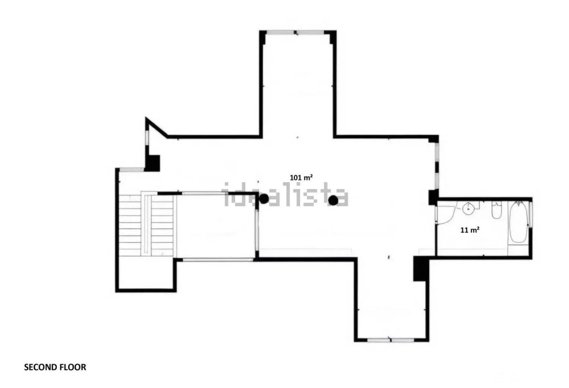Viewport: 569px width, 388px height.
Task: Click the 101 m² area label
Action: point(301,177)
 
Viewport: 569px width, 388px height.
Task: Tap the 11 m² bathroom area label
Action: point(470,230)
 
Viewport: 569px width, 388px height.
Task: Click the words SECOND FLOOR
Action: point(55,367)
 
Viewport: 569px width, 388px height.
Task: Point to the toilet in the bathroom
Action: point(497,210)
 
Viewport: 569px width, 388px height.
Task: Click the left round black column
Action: point(264,199)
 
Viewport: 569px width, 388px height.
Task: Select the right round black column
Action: point(333,200)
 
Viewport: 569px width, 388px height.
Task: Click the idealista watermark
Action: point(285,194)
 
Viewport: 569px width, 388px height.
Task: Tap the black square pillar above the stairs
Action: point(152,163)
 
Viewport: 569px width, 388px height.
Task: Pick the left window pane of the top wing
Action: point(280,32)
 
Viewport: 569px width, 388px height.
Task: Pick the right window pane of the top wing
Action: point(310,32)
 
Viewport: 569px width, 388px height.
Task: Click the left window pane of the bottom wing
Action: point(378,340)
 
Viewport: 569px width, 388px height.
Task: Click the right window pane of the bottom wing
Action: point(403,340)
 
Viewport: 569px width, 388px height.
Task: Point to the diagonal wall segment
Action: point(157,128)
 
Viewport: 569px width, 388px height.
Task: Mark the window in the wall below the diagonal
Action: point(146,138)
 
